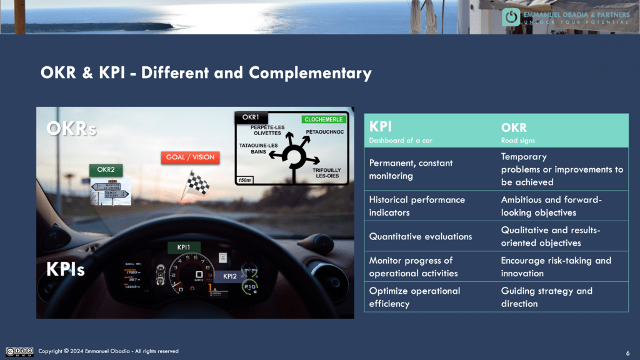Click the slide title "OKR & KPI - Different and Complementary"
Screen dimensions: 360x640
(x=206, y=73)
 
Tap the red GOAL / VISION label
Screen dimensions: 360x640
(x=191, y=157)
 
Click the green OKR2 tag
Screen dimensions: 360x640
(x=106, y=169)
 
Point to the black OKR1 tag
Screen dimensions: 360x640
(x=251, y=117)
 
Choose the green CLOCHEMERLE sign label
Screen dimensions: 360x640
(x=324, y=119)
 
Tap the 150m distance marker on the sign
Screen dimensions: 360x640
(x=244, y=180)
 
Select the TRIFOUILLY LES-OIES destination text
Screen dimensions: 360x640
(x=327, y=172)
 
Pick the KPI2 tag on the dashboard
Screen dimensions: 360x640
(x=230, y=276)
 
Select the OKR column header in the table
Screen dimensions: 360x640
(x=514, y=127)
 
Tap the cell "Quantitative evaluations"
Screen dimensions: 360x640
(x=420, y=236)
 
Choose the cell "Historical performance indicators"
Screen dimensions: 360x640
(x=417, y=206)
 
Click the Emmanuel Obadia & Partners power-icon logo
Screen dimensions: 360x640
(x=511, y=17)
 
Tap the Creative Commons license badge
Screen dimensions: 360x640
(x=19, y=351)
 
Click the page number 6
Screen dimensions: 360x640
(x=627, y=352)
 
